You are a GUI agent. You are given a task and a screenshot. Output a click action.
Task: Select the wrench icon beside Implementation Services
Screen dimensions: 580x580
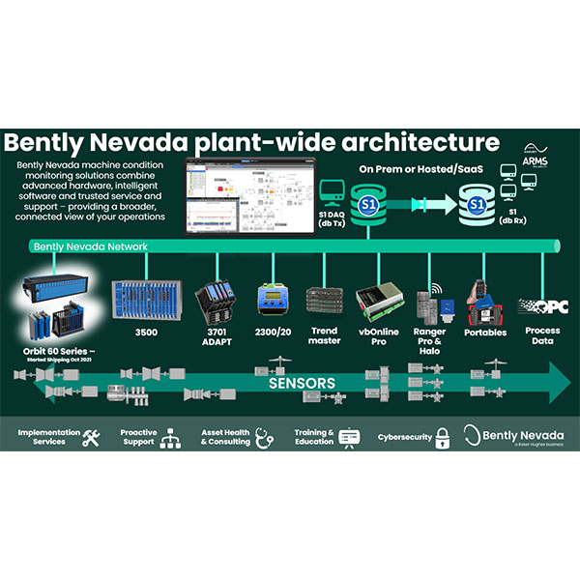tap(92, 437)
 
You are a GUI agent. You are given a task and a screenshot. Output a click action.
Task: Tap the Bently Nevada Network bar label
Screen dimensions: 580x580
tap(91, 246)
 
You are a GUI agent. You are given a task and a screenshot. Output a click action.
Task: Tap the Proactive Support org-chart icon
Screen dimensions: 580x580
tap(173, 436)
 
